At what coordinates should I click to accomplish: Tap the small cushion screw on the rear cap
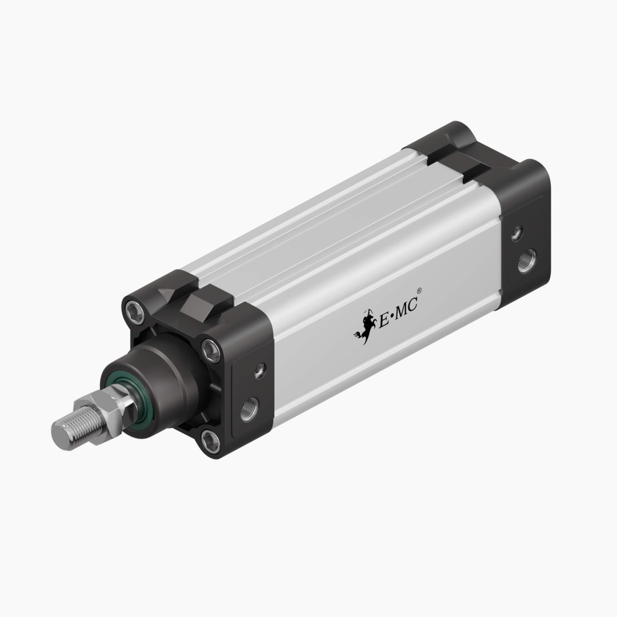(x=516, y=233)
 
